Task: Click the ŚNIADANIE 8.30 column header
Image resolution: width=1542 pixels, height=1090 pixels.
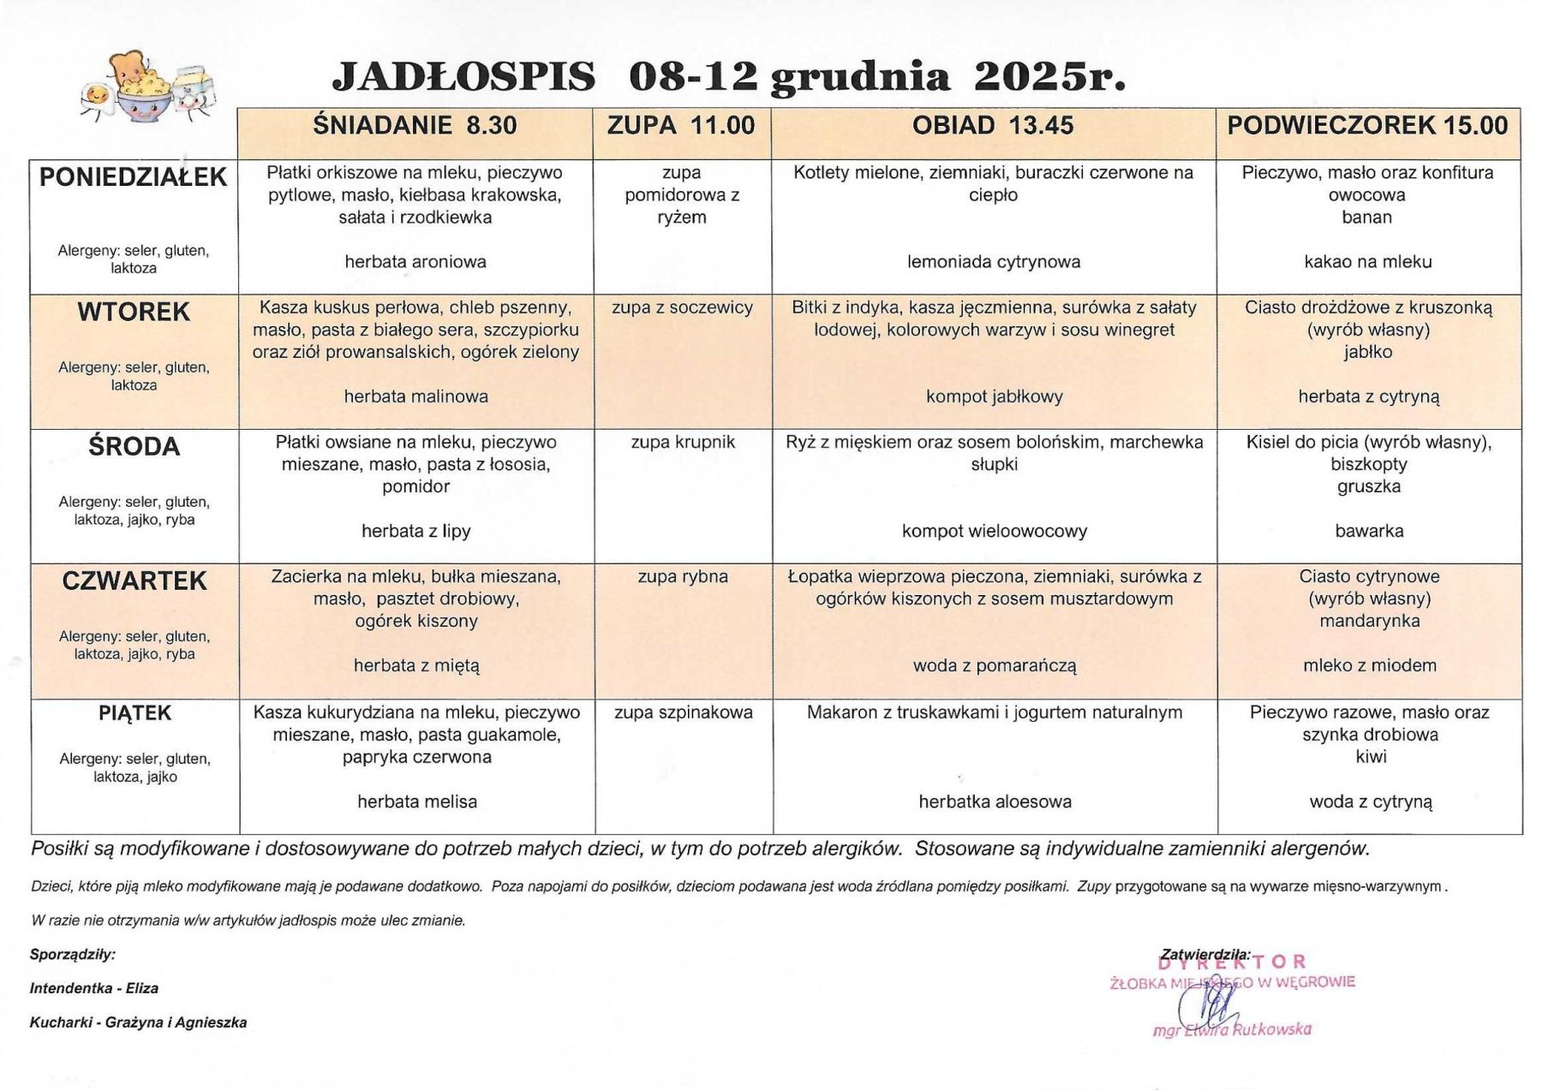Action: pyautogui.click(x=415, y=126)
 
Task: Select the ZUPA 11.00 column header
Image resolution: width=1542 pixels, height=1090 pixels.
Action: pyautogui.click(x=681, y=126)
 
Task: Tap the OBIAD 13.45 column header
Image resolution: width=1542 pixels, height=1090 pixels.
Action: pyautogui.click(x=993, y=126)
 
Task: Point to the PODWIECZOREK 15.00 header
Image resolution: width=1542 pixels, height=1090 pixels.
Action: pyautogui.click(x=1367, y=126)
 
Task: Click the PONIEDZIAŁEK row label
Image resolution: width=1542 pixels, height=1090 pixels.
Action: pyautogui.click(x=134, y=177)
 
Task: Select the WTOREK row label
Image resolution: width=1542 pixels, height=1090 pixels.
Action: pyautogui.click(x=134, y=312)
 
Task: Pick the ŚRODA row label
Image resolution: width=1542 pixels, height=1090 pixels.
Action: pyautogui.click(x=134, y=446)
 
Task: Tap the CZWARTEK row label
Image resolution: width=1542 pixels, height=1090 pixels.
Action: pyautogui.click(x=134, y=581)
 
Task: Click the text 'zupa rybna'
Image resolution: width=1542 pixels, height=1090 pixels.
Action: pyautogui.click(x=683, y=576)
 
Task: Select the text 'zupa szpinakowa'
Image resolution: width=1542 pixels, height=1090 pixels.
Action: pyautogui.click(x=684, y=712)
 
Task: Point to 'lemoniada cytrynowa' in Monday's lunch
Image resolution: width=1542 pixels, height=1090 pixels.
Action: pyautogui.click(x=994, y=262)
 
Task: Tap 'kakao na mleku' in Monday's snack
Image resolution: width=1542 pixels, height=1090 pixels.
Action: pyautogui.click(x=1368, y=262)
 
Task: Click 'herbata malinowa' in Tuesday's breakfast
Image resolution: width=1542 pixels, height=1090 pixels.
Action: pyautogui.click(x=416, y=396)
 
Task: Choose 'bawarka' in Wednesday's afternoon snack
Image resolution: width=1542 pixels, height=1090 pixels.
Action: pyautogui.click(x=1369, y=531)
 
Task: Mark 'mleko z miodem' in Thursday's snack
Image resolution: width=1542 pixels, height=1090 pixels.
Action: pyautogui.click(x=1370, y=665)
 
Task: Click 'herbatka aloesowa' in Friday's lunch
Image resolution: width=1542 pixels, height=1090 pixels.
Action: pyautogui.click(x=995, y=801)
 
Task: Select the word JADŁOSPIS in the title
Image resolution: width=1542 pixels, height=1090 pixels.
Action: pyautogui.click(x=463, y=77)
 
